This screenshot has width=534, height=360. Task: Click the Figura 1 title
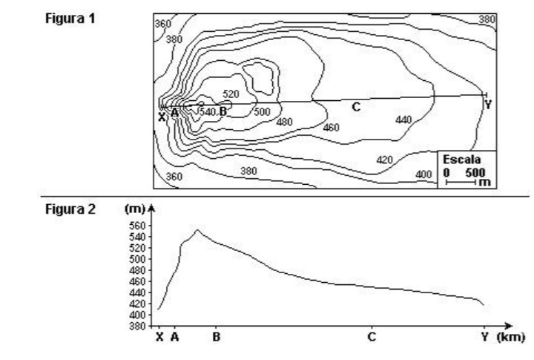coord(70,18)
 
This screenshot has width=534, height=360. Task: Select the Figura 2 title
coord(70,209)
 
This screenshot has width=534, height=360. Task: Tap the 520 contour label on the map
coord(231,94)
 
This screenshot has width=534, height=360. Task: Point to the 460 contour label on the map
coord(331,127)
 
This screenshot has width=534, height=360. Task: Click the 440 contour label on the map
coord(403,120)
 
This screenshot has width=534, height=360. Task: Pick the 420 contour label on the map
coord(384,160)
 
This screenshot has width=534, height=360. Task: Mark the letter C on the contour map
coord(356,107)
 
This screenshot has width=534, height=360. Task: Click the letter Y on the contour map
coord(488,105)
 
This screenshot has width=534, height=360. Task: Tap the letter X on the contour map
coord(162,117)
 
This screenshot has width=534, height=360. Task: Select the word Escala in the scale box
coord(462,160)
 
